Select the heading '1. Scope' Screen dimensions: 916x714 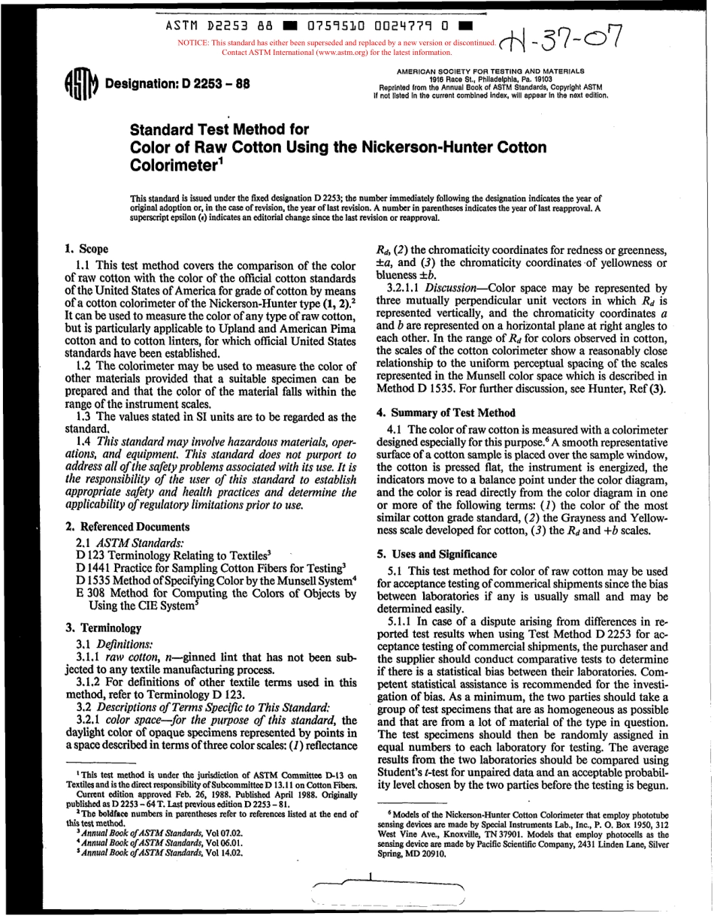(x=86, y=249)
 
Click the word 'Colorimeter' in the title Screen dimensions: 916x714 (x=174, y=162)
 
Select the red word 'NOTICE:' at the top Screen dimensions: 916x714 (x=192, y=44)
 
